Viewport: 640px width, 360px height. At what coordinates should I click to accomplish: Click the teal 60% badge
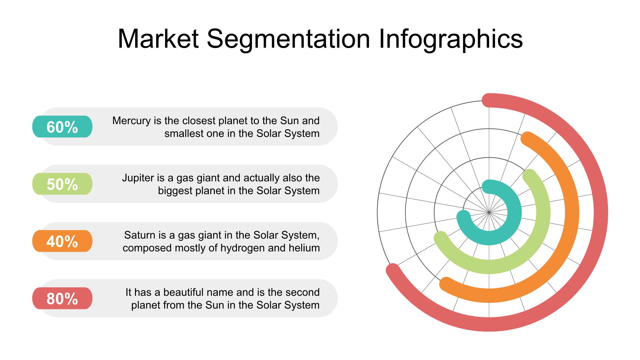[62, 127]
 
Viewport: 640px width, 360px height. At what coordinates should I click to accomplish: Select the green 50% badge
[62, 184]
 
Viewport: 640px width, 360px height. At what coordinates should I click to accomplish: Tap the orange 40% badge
[62, 241]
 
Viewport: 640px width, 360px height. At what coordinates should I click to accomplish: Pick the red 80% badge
[62, 298]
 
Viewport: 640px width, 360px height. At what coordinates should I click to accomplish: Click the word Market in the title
[158, 39]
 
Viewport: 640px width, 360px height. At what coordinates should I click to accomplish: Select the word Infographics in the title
[451, 39]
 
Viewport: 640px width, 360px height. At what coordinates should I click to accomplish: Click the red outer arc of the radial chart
[601, 212]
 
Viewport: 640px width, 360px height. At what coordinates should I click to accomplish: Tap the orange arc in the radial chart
[572, 212]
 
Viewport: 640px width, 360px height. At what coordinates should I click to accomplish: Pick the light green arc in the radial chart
[543, 212]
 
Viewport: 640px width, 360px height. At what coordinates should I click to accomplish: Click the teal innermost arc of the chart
[514, 212]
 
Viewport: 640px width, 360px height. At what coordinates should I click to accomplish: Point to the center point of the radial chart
[489, 212]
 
